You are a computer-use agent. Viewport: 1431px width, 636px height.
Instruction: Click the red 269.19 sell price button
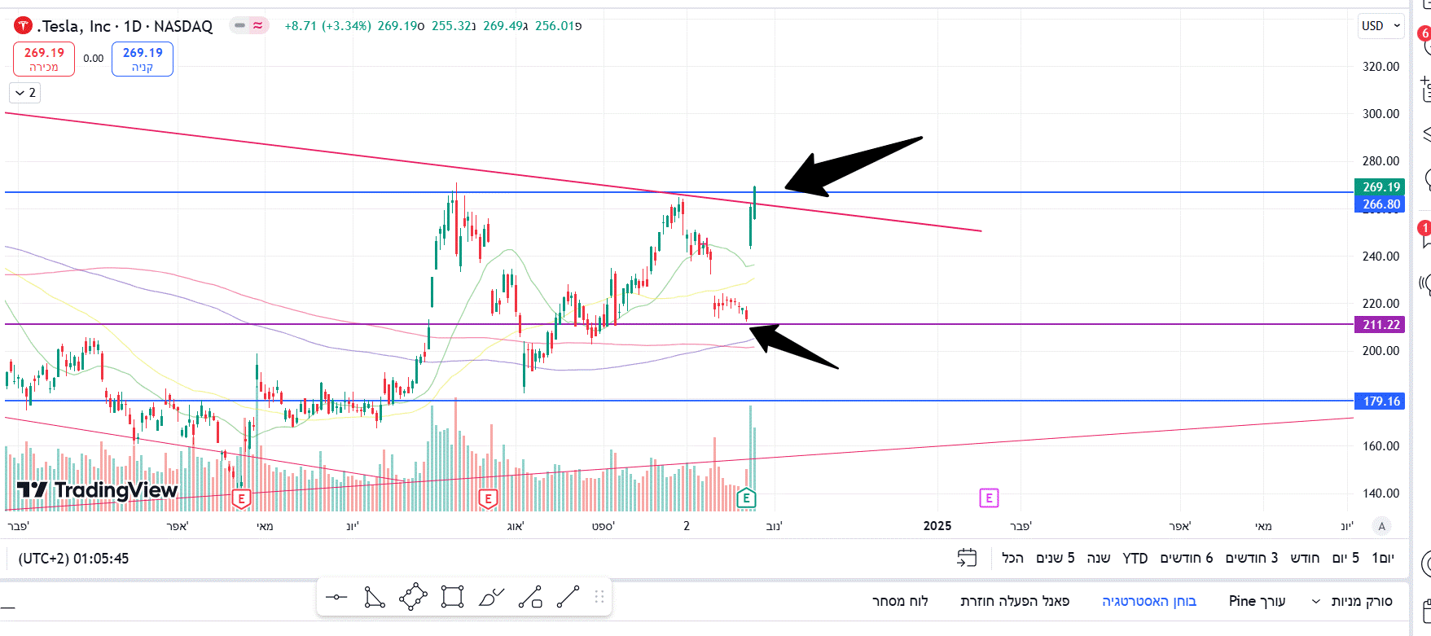[44, 59]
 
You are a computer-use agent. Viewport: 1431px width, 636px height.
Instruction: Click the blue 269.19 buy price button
[143, 59]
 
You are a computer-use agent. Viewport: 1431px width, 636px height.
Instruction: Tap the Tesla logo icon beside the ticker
[23, 26]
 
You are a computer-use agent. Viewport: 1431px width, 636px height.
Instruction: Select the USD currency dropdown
[1380, 26]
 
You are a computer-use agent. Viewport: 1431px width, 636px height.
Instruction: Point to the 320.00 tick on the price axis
[1381, 67]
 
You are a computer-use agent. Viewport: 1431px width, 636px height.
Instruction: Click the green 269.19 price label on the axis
[1380, 186]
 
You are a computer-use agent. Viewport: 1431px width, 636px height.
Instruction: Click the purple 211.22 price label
[1380, 325]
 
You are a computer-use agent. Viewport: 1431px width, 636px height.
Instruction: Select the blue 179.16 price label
[1380, 401]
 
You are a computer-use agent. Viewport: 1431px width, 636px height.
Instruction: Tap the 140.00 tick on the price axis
[1381, 493]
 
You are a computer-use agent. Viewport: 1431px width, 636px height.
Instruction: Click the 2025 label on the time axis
[937, 526]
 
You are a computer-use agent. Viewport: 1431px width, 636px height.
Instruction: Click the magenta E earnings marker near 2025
[989, 498]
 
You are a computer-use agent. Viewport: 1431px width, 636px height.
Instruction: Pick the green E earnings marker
[746, 498]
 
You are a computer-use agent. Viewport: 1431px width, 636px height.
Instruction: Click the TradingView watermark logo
[98, 489]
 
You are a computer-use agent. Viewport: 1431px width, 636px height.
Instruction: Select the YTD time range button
[1135, 558]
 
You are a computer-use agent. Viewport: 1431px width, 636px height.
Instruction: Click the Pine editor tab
[1257, 601]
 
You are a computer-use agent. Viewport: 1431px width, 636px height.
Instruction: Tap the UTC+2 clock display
[73, 559]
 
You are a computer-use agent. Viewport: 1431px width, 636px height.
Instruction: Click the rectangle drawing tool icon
[452, 598]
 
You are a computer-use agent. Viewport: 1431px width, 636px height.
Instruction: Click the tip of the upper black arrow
[786, 188]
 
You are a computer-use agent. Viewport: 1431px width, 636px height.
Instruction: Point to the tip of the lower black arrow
[750, 327]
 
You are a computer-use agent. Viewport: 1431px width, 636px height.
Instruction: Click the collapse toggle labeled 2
[25, 93]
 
